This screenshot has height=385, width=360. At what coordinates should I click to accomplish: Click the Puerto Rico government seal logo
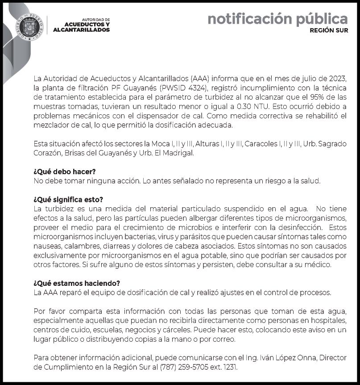click(x=29, y=26)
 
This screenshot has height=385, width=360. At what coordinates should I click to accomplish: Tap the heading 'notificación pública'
click(x=277, y=19)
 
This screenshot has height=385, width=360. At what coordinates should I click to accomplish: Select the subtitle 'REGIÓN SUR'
click(x=329, y=31)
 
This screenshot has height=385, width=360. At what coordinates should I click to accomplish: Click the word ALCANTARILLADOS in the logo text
click(x=81, y=30)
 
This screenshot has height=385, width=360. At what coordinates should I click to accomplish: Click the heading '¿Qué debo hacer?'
click(x=65, y=172)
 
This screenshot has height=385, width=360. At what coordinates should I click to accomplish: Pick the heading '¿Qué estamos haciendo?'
click(x=77, y=284)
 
